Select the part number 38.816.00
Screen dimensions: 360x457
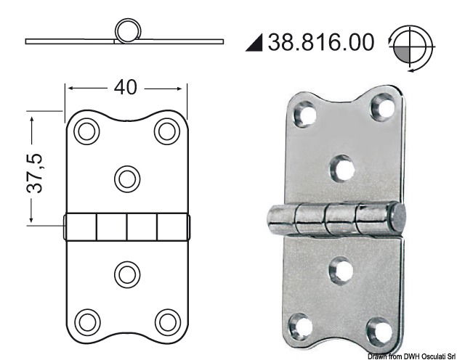[x=321, y=41]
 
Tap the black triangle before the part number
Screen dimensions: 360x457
[x=255, y=43]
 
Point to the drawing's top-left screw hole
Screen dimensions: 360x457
[x=87, y=131]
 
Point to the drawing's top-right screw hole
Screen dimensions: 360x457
[x=167, y=131]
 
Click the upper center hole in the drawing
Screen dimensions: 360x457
[x=127, y=177]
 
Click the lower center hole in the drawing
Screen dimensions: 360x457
[x=127, y=274]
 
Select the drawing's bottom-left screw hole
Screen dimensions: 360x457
[x=87, y=320]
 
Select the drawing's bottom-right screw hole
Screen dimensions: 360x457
[x=167, y=320]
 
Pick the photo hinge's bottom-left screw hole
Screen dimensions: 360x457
[x=303, y=322]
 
